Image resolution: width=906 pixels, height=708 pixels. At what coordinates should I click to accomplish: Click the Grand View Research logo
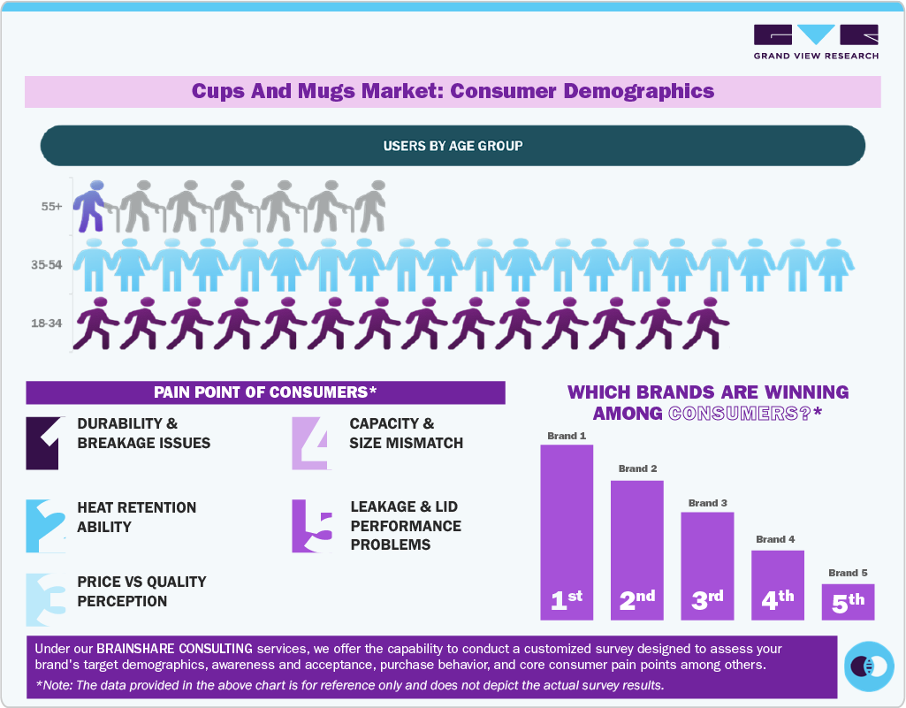click(x=816, y=42)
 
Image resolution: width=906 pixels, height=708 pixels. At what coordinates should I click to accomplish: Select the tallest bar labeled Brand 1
click(x=567, y=530)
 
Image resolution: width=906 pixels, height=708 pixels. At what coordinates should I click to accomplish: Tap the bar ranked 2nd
click(x=636, y=549)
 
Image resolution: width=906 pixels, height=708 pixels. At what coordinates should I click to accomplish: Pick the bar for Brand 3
click(x=707, y=565)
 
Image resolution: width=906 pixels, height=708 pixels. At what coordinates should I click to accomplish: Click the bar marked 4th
click(x=778, y=584)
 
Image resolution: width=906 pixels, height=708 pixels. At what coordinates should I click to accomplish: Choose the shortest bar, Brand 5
click(x=848, y=601)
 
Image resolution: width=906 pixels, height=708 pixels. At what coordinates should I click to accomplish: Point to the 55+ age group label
click(x=51, y=207)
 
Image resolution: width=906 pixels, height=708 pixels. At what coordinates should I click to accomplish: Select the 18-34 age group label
click(x=46, y=324)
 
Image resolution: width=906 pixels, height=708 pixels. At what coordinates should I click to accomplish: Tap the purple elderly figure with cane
click(x=90, y=206)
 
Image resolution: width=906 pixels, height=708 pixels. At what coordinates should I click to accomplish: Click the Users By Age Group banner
click(x=453, y=145)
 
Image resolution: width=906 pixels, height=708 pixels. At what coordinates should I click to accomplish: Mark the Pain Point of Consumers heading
click(x=265, y=392)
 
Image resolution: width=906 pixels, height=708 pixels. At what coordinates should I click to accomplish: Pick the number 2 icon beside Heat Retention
click(x=45, y=526)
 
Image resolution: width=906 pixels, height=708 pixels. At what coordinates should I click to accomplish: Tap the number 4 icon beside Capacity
click(x=311, y=442)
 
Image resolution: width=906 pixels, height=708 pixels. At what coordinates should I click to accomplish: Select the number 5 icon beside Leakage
click(x=312, y=526)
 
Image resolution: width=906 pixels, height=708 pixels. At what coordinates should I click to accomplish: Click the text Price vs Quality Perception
click(x=141, y=591)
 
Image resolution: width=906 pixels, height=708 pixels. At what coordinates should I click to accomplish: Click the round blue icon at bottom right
click(x=869, y=666)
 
